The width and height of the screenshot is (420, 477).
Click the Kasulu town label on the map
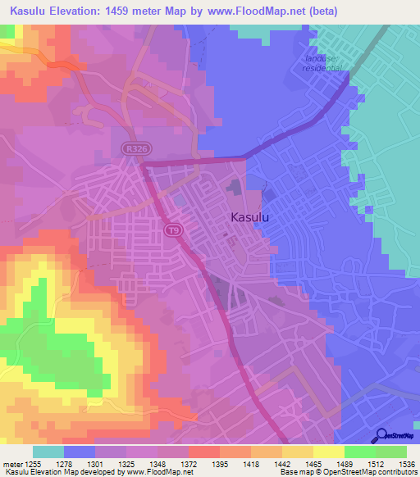(251, 218)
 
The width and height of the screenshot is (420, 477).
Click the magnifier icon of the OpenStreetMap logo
(381, 435)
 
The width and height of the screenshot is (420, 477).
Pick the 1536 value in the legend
(407, 464)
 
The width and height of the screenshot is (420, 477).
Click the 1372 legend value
(188, 464)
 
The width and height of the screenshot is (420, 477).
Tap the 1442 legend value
(281, 464)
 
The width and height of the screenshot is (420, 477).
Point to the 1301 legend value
(94, 464)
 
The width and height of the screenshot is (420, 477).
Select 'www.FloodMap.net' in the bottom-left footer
(155, 473)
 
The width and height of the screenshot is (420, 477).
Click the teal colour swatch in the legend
(48, 452)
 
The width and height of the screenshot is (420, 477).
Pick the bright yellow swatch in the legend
(328, 452)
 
